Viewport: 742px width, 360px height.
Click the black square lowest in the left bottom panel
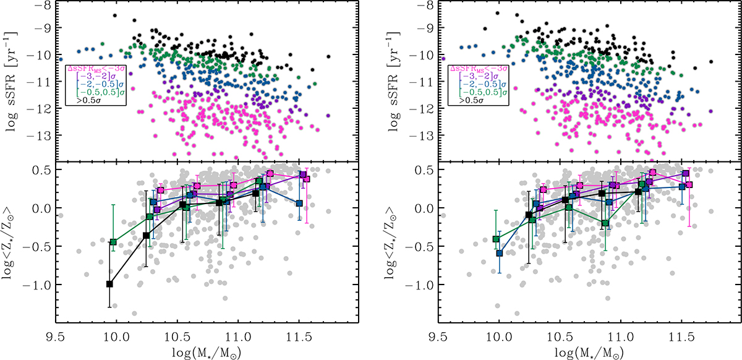click(x=109, y=284)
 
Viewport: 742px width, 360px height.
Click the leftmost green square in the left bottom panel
click(x=113, y=242)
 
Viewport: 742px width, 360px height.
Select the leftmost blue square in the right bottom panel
click(x=500, y=253)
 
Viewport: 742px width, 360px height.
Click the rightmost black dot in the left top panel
click(x=328, y=56)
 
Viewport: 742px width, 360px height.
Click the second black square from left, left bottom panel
click(x=147, y=235)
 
